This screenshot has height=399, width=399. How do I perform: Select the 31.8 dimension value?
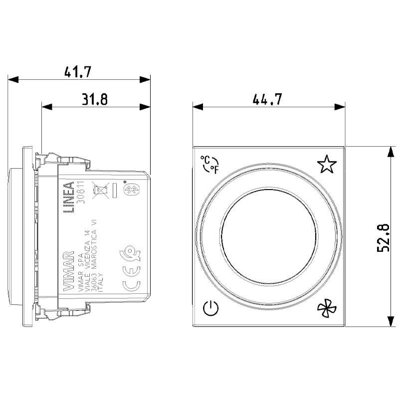(95, 99)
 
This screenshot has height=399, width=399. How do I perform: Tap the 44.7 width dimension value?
(267, 99)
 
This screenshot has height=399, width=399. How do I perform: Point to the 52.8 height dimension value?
(383, 237)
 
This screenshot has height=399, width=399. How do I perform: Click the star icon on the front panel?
(326, 164)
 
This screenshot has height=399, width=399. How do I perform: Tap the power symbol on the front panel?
(211, 310)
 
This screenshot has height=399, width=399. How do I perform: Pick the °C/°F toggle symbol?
(209, 164)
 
